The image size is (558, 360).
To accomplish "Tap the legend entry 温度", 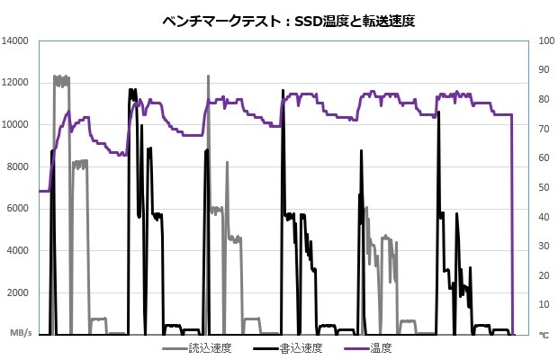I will [381, 346].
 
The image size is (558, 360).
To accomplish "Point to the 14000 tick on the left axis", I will [17, 40].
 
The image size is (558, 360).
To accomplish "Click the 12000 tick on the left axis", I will [17, 83].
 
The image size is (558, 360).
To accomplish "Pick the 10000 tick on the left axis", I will [17, 125].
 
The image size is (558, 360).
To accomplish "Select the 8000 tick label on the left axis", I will [20, 166].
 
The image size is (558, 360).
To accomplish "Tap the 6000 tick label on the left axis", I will [20, 209].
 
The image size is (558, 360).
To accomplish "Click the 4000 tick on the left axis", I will [20, 251].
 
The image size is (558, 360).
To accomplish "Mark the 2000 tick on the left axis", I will [20, 293].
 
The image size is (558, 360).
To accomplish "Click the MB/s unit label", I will [21, 334].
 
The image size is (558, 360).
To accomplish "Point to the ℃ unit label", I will [543, 334].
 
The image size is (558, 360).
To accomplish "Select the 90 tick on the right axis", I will [543, 70].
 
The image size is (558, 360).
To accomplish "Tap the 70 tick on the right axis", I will [543, 129].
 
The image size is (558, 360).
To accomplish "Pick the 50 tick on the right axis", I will [543, 187].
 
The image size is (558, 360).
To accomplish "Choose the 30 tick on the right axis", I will [543, 246].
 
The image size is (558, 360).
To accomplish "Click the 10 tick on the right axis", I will [543, 304].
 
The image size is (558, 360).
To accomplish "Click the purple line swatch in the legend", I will [354, 346].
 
